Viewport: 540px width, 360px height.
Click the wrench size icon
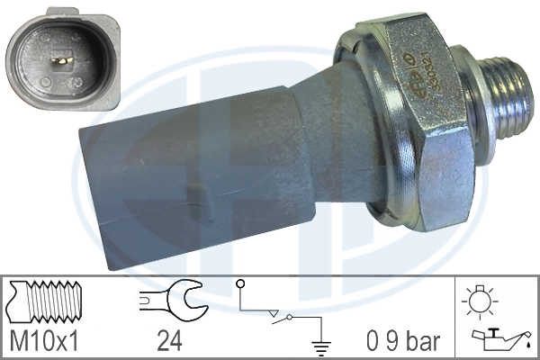coord(174,301)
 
